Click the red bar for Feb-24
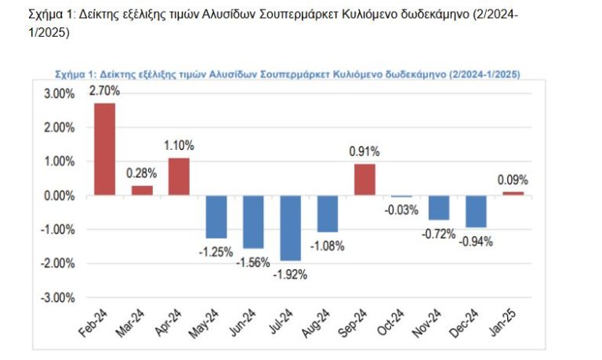[104, 149]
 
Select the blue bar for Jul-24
[291, 227]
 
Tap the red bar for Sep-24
[365, 180]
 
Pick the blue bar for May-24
[216, 216]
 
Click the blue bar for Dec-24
[477, 211]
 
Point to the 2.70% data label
[104, 92]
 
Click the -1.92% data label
[291, 274]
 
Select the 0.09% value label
[513, 180]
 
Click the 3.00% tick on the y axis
[58, 93]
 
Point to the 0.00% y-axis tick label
[58, 195]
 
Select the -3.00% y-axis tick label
[56, 297]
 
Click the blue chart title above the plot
[288, 74]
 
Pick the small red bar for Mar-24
[142, 190]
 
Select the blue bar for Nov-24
[439, 208]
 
